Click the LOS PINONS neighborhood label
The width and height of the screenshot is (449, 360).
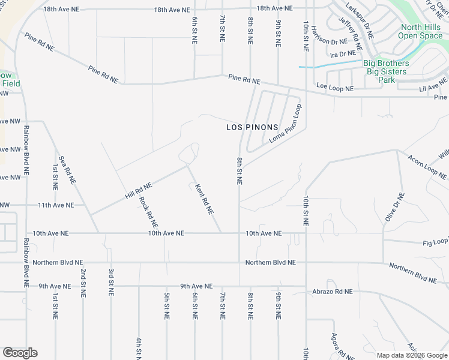[x=252, y=127]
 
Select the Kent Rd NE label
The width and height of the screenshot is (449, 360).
[x=204, y=199]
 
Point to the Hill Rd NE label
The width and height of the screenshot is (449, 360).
[x=138, y=191]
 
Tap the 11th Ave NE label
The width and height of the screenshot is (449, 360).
[x=56, y=205]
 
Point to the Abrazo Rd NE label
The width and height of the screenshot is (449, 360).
[x=332, y=291]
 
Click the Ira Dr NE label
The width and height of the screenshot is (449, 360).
[x=343, y=54]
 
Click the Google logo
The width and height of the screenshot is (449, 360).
[x=20, y=353]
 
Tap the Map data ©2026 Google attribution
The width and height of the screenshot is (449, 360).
[x=411, y=355]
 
